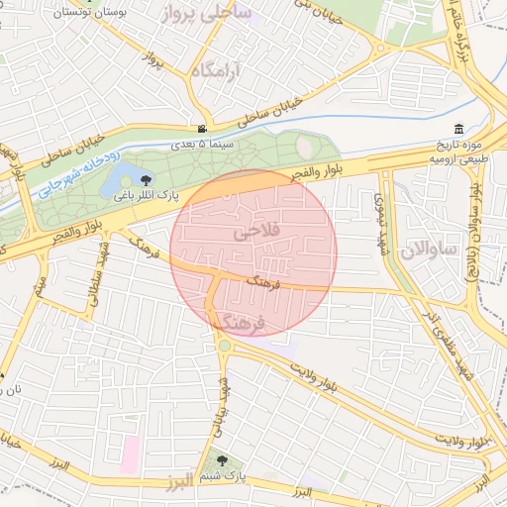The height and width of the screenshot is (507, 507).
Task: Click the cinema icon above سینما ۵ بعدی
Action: coord(202,129)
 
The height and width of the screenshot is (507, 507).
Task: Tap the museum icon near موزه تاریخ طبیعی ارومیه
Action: coord(457,130)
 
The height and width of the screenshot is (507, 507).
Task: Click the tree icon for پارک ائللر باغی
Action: coord(147,179)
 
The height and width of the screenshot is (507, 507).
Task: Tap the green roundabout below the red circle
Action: coord(226,345)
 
